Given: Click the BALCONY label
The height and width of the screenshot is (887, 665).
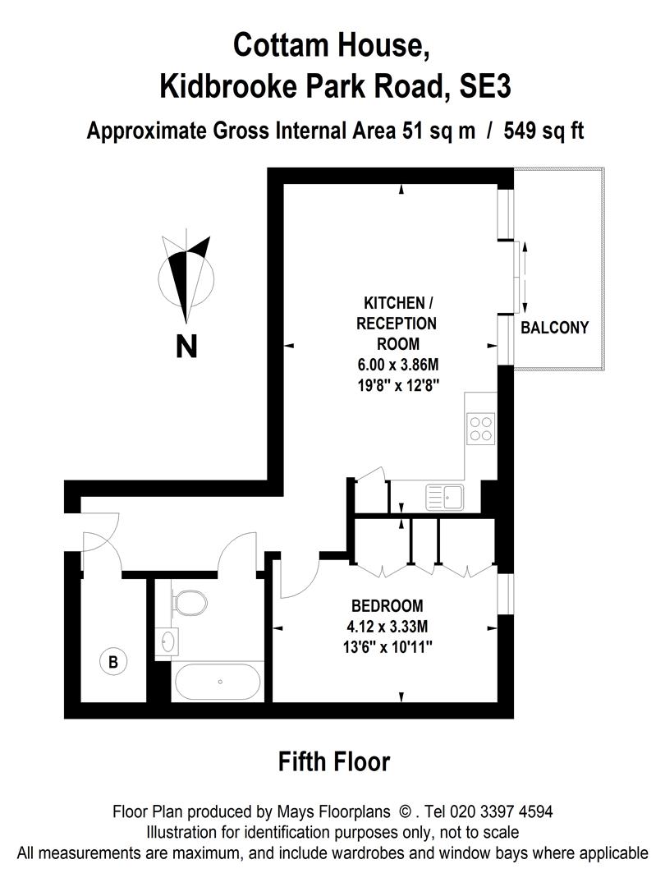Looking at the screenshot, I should (555, 328).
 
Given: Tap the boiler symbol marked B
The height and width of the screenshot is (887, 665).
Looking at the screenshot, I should (111, 660).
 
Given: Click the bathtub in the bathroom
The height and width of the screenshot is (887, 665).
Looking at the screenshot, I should (219, 681).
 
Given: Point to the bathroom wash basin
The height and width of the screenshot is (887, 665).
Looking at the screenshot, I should (169, 640).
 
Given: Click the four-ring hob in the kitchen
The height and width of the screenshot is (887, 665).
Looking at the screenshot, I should (481, 426).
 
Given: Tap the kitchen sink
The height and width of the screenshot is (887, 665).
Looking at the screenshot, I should (444, 495).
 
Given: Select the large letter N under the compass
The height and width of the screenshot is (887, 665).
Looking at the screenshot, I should (187, 347).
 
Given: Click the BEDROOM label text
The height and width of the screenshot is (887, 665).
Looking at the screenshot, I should (387, 606).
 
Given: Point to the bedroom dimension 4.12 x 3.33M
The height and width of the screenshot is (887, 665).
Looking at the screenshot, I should (387, 627).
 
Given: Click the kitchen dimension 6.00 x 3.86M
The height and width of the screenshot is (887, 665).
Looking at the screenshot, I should (397, 365).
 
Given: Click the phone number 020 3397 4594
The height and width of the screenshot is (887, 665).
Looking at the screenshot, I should (501, 811).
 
